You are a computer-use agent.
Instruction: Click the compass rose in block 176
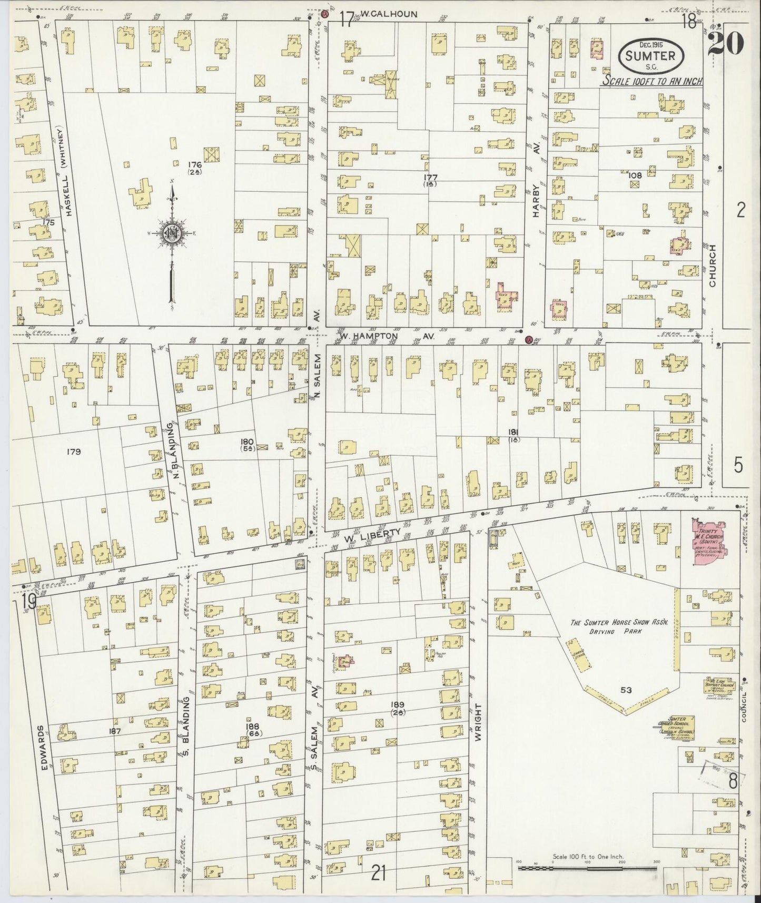(172, 234)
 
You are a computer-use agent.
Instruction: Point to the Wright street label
(478, 721)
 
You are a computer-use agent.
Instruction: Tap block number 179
(74, 451)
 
